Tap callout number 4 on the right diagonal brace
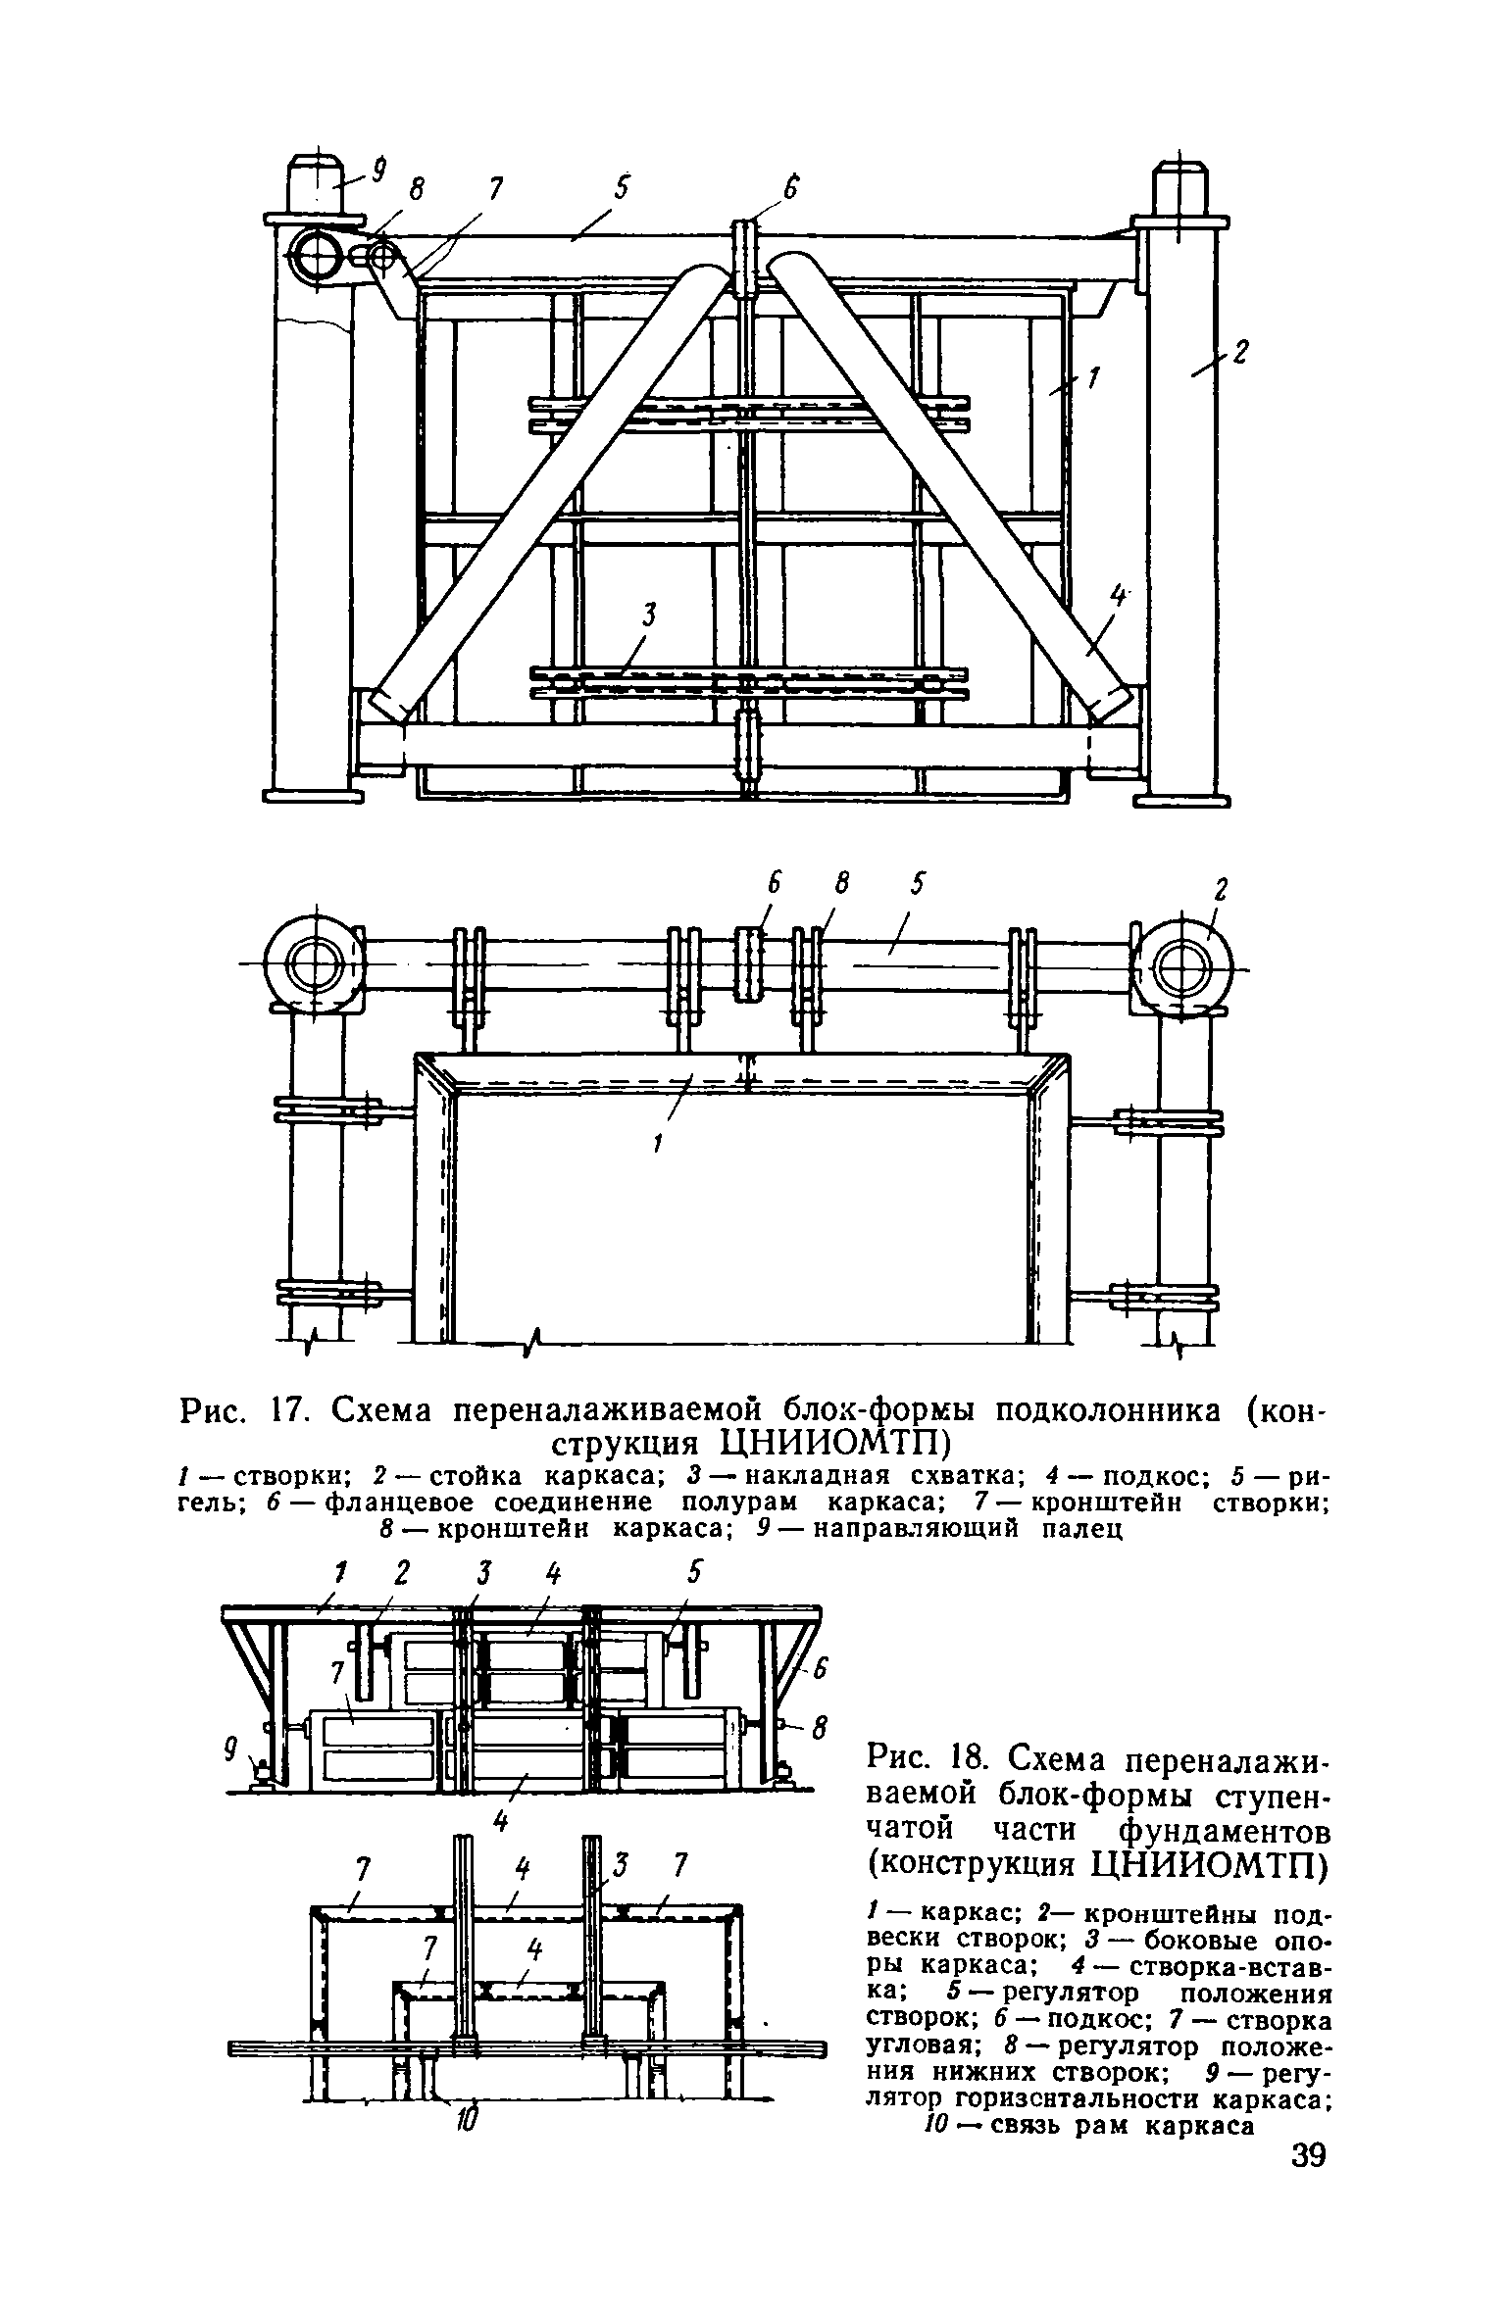point(1116,598)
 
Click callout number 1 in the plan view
point(659,1142)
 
